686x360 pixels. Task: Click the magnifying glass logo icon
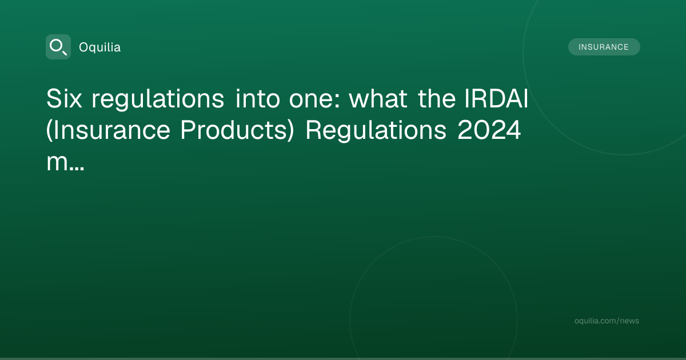(58, 47)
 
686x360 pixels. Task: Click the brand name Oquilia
(100, 47)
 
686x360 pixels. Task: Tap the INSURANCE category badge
(604, 47)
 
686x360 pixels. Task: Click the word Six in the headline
(64, 98)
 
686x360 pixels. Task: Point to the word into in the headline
(258, 98)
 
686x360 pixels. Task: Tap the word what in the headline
(378, 98)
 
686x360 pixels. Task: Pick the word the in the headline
(437, 98)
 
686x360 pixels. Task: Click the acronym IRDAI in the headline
(496, 98)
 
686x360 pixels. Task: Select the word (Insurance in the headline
(108, 130)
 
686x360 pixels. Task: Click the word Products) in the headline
(237, 130)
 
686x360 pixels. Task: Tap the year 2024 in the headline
(489, 130)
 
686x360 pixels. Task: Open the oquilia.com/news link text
(607, 321)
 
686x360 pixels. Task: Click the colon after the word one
(337, 101)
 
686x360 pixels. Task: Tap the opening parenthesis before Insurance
(49, 130)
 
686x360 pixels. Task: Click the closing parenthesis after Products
(290, 130)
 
